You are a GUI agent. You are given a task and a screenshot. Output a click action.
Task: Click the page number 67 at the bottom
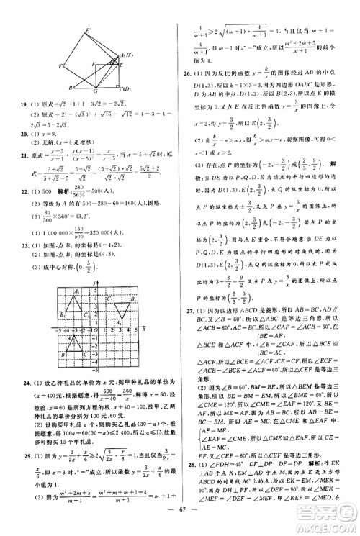point(179,523)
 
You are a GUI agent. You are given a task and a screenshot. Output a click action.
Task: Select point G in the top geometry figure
point(102,67)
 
